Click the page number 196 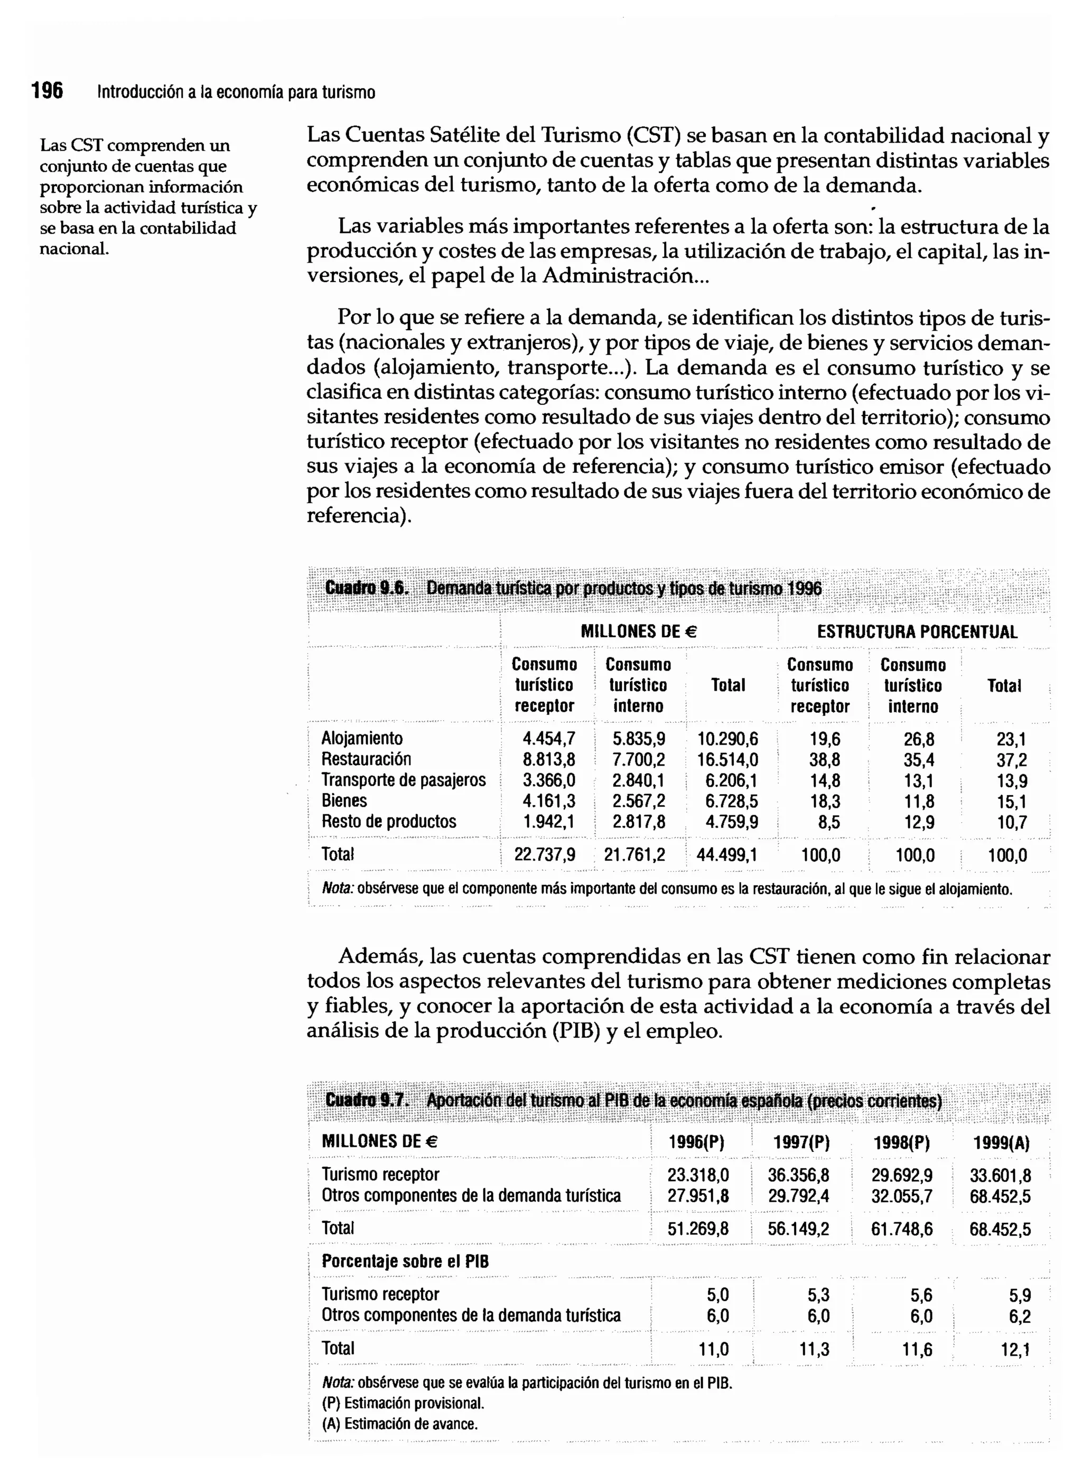point(47,91)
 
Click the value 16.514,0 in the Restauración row point(727,760)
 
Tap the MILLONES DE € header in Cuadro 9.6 point(639,631)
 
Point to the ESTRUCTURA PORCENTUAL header point(917,632)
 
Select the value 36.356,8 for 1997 point(798,1175)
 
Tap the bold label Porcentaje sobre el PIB point(405,1261)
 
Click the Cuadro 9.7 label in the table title point(366,1100)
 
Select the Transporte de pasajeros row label point(404,780)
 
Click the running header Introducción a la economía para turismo point(236,92)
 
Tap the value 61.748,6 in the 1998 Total point(901,1229)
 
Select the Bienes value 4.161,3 point(548,801)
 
